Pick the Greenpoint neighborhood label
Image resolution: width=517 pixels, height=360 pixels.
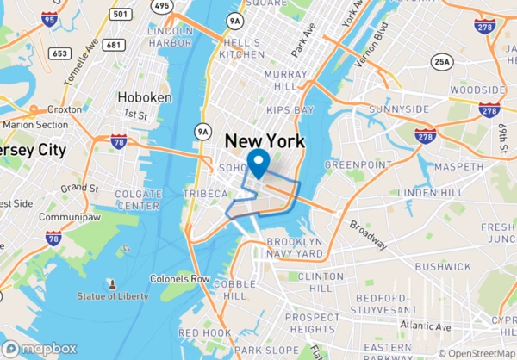(x=352, y=164)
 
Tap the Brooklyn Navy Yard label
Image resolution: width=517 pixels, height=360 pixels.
(x=296, y=248)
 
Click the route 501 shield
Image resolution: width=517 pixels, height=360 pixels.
(x=121, y=14)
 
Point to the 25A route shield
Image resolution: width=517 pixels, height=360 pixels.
(x=442, y=61)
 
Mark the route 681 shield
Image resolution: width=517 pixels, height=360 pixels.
(x=113, y=44)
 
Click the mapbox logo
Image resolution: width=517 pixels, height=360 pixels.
(x=41, y=348)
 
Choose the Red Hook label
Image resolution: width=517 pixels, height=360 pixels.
(x=204, y=332)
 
